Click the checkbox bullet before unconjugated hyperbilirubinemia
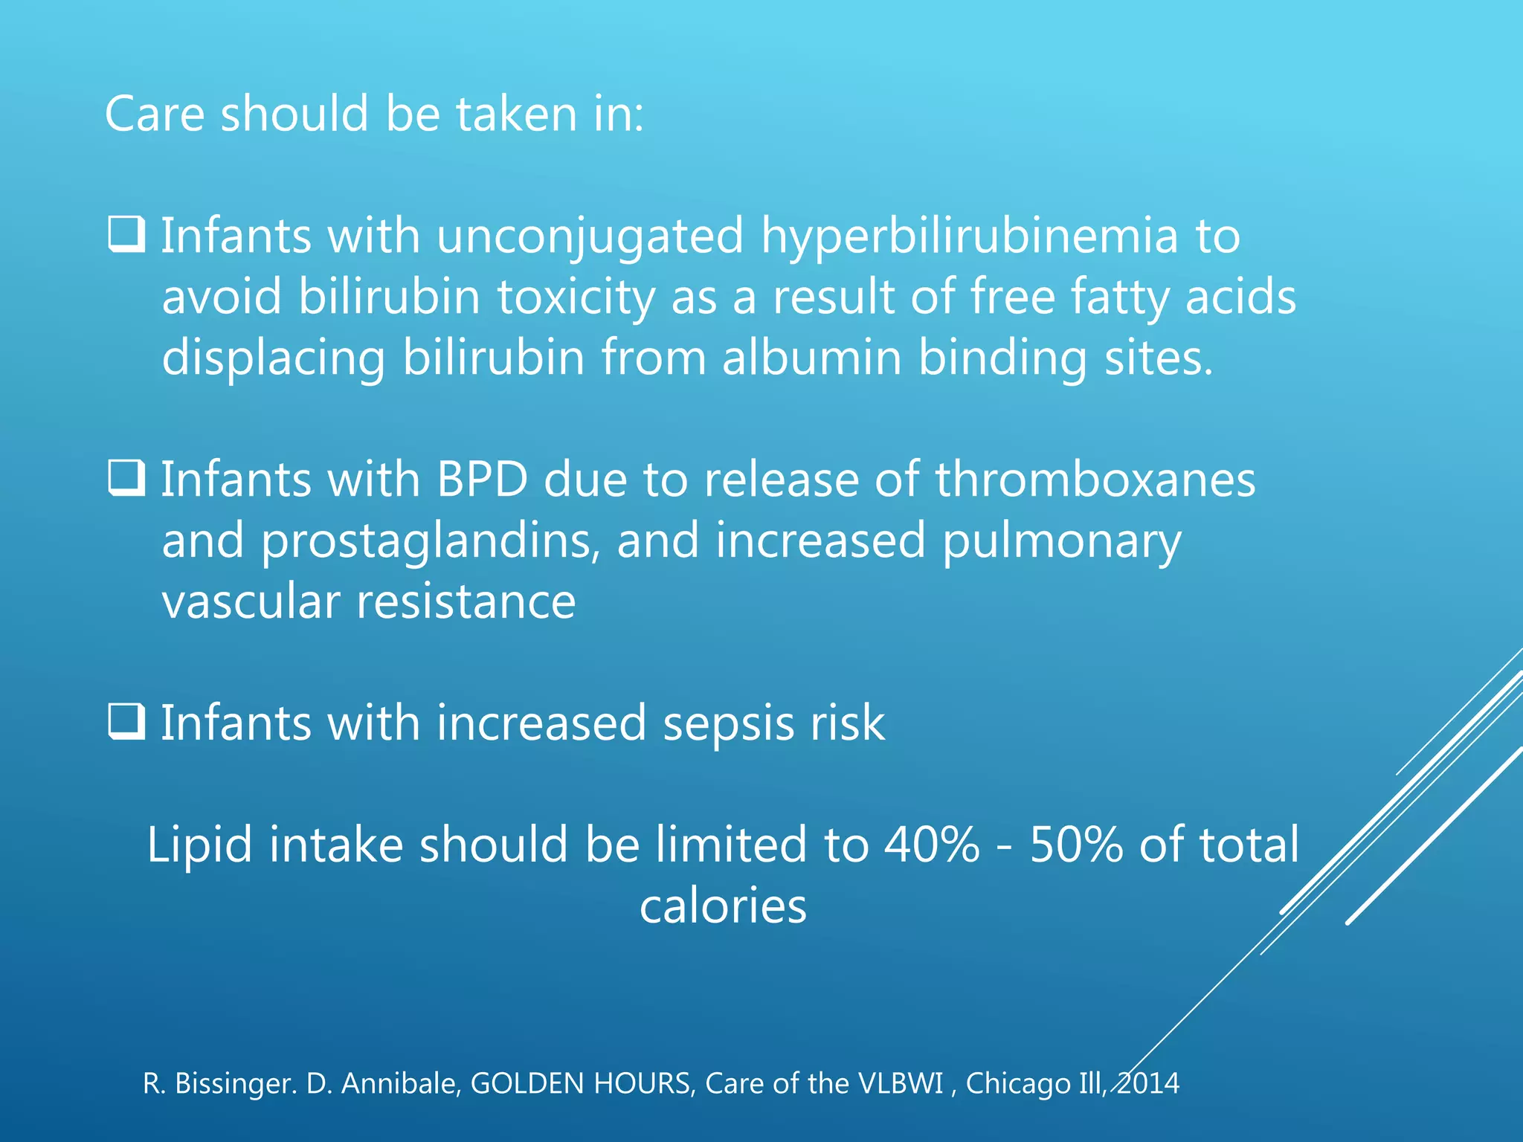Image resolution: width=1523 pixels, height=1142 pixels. [126, 234]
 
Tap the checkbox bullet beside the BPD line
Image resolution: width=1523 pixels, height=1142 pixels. [126, 478]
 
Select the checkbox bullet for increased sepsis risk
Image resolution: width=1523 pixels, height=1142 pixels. [126, 721]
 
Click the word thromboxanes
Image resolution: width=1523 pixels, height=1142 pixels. [1095, 480]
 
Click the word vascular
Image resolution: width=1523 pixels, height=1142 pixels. [251, 601]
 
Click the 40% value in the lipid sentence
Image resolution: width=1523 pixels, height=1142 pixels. [932, 845]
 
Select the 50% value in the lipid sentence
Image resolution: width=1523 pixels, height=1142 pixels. [1076, 845]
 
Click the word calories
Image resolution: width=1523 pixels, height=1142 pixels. [723, 906]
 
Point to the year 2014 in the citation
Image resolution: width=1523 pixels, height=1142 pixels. [1148, 1084]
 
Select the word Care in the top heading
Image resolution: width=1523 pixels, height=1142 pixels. [155, 114]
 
